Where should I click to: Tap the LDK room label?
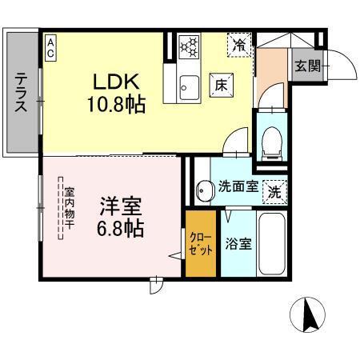(118, 82)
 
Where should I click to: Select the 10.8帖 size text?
(118, 104)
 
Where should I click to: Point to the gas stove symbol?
(190, 47)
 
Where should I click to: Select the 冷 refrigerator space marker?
(238, 45)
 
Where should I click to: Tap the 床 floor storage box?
(219, 82)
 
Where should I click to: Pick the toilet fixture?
(271, 139)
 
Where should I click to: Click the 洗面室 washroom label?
(238, 186)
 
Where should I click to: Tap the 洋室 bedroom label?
(121, 206)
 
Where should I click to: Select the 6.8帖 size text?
(121, 229)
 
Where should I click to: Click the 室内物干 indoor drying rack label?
(69, 210)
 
